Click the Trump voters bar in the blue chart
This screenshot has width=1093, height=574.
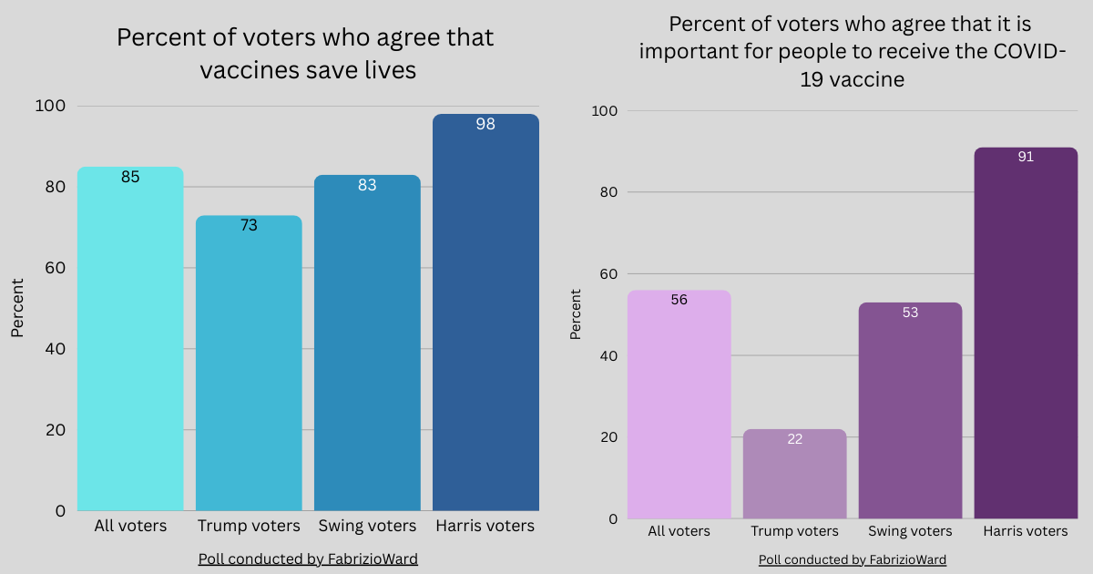point(249,364)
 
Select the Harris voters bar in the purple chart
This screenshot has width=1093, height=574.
point(1026,337)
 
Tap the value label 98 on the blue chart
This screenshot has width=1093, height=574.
point(485,124)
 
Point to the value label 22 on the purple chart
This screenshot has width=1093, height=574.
point(794,439)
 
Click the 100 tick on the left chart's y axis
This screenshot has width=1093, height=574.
point(50,106)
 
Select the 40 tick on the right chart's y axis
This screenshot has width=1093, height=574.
point(608,355)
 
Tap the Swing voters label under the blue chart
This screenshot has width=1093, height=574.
point(367,527)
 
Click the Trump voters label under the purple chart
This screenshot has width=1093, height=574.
point(794,531)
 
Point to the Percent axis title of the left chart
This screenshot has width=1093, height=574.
point(17,308)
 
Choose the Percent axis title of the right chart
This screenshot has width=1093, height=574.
point(576,313)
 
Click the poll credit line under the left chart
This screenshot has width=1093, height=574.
point(308,559)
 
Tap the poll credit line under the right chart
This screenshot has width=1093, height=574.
point(853,559)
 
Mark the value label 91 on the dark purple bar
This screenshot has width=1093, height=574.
point(1026,157)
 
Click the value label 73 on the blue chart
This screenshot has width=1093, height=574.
point(249,225)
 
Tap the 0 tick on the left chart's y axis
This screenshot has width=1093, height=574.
point(60,511)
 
